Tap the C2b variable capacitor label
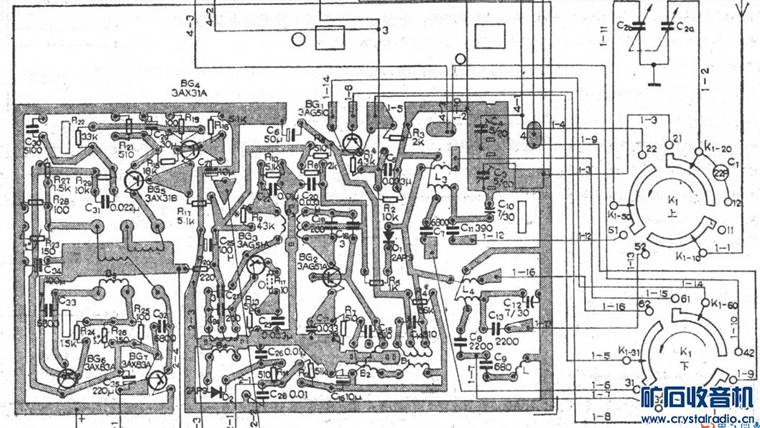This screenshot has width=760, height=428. (623, 27)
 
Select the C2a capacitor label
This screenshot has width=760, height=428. (685, 27)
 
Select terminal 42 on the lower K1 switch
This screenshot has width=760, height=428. (747, 352)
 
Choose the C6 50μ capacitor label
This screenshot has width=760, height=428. (272, 134)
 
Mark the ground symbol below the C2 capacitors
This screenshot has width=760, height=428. (654, 81)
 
